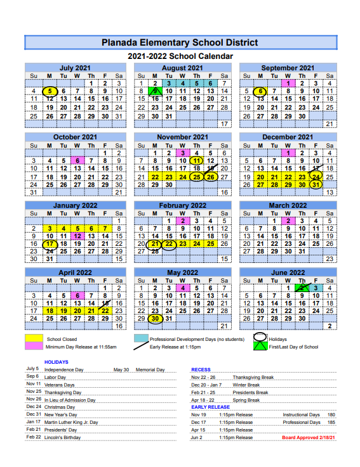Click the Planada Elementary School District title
pyautogui.click(x=180, y=42)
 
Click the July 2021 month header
pyautogui.click(x=75, y=68)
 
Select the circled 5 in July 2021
pyautogui.click(x=49, y=91)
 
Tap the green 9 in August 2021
pyautogui.click(x=154, y=91)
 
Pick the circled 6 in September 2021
pyautogui.click(x=260, y=91)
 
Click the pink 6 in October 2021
pyautogui.click(x=77, y=161)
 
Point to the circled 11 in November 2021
pyautogui.click(x=196, y=161)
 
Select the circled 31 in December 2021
pyautogui.click(x=316, y=184)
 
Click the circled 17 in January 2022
pyautogui.click(x=49, y=244)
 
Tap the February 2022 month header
pyautogui.click(x=182, y=205)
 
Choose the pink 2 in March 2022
pyautogui.click(x=288, y=221)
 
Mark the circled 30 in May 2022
pyautogui.click(x=154, y=319)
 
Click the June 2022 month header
pyautogui.click(x=288, y=273)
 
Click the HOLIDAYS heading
pyautogui.click(x=56, y=362)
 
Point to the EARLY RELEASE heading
pyautogui.click(x=210, y=407)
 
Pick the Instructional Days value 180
pyautogui.click(x=331, y=414)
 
